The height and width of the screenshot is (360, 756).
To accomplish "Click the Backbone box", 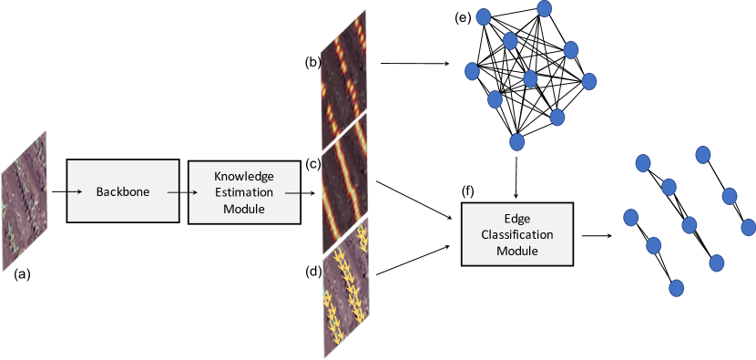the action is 122,190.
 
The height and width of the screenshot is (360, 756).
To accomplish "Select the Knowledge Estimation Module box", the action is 243,192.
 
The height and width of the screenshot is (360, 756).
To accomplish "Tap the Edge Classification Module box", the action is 516,234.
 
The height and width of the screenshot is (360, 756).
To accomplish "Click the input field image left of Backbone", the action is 24,201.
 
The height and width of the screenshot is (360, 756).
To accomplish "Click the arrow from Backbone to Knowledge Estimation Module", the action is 183,191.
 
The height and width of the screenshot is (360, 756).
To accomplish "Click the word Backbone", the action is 123,191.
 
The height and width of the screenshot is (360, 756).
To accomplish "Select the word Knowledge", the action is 243,176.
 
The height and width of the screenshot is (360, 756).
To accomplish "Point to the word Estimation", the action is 243,192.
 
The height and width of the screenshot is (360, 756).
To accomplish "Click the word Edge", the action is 516,219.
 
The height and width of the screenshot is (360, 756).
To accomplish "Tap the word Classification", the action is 516,234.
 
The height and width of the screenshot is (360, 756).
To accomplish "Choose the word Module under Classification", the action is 516,251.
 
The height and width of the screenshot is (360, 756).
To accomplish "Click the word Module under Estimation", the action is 243,209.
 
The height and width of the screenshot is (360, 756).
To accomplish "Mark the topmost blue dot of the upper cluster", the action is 544,8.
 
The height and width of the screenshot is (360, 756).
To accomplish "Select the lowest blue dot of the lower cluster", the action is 676,288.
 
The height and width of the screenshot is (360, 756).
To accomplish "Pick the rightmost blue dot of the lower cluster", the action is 748,226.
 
